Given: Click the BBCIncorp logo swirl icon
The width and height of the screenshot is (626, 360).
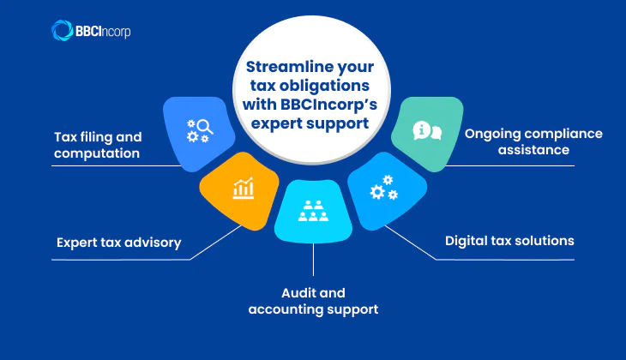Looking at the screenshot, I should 63,31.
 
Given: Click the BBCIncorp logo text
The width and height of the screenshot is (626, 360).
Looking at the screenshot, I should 104,32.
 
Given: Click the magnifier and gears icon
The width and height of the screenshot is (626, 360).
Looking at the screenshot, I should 199,130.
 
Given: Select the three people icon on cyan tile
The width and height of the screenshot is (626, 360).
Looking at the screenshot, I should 312,211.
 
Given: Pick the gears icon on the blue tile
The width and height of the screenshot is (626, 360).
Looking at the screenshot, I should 383,189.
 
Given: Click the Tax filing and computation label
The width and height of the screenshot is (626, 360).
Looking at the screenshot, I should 98,145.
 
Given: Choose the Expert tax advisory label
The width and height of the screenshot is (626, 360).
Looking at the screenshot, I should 119,243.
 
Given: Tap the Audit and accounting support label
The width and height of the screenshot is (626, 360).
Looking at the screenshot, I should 313,301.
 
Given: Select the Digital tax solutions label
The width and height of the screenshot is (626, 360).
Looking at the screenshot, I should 509,241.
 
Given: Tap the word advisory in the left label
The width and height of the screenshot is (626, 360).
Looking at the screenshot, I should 153,243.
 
